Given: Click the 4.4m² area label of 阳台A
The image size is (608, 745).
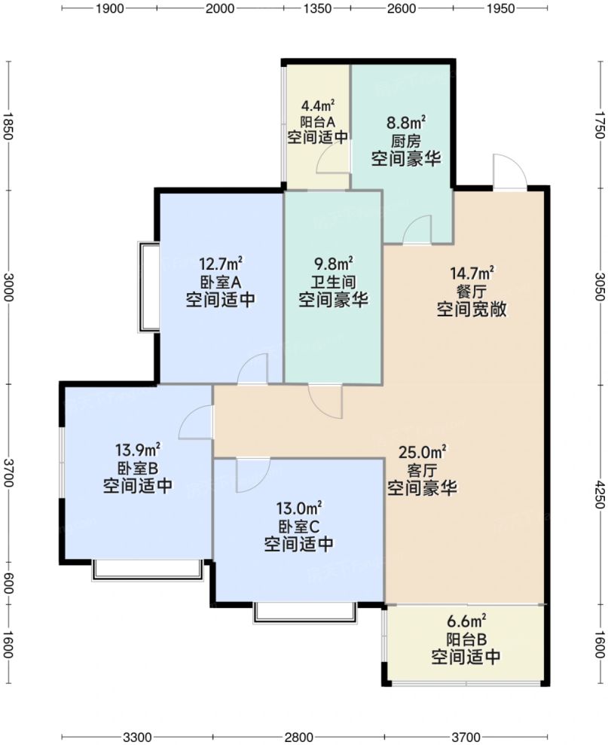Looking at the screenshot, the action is point(318,104).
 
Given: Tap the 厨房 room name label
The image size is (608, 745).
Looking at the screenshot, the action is point(406,141).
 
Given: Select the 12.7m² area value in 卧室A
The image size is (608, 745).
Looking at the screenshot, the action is point(221,263).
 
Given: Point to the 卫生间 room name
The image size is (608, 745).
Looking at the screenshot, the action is point(333,282).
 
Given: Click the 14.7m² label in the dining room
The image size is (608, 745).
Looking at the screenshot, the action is point(472,273).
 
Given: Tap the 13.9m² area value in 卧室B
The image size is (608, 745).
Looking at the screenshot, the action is point(137,449).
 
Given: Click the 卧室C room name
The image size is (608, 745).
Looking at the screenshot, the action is point(298,527).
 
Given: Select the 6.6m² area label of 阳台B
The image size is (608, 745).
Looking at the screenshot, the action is point(466,621).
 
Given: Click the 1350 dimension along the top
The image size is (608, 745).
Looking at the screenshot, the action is point(317,8).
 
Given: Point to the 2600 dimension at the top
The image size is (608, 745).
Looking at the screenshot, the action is point(402,8).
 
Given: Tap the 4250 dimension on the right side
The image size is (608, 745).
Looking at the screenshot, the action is point(600,494).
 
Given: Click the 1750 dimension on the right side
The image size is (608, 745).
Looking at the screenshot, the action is point(600,124).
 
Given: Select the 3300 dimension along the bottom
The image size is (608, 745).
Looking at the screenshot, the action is point(137,737).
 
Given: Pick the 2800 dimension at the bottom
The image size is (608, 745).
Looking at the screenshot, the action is point(299,737).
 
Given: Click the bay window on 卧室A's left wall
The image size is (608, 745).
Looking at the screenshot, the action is point(148,286).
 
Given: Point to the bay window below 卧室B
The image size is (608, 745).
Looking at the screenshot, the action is point(148,570).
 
